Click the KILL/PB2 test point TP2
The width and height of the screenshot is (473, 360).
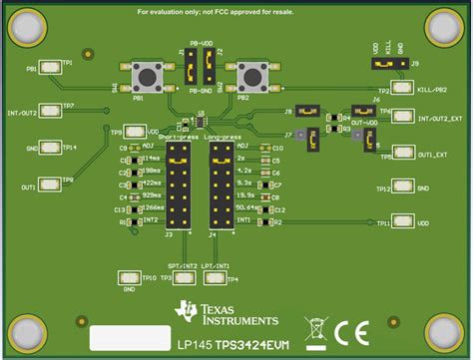(x=401, y=88)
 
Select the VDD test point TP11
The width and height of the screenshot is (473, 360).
(x=401, y=222)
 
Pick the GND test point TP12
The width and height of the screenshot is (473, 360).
(x=401, y=186)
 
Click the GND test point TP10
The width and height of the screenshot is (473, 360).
(x=128, y=277)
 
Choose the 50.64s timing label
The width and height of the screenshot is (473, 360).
(x=245, y=209)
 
